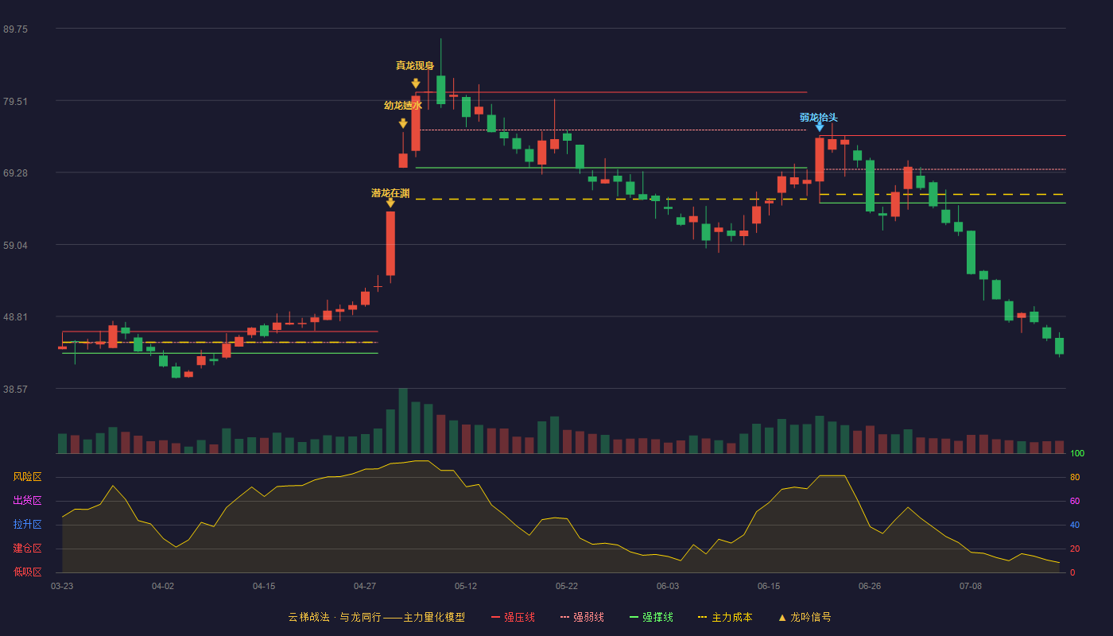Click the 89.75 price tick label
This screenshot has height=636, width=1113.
[15, 29]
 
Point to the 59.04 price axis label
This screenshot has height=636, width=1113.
[15, 246]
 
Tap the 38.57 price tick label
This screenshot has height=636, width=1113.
[15, 390]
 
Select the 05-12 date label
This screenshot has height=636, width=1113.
[466, 587]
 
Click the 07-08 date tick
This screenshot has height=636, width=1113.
[971, 587]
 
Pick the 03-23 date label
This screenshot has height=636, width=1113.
[62, 587]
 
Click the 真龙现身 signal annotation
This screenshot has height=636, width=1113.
[415, 65]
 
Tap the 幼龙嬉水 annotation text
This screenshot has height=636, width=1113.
[403, 105]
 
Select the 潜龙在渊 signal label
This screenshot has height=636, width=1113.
[390, 193]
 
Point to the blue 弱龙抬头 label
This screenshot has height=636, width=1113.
[819, 118]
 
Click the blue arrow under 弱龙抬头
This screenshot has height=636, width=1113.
[820, 127]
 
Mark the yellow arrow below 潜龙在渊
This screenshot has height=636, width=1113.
[390, 203]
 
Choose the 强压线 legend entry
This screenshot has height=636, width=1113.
[514, 617]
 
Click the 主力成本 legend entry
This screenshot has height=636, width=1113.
[725, 617]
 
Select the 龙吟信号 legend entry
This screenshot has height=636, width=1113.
[805, 617]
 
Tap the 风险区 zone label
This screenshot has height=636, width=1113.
[27, 477]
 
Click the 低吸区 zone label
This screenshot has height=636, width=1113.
[27, 572]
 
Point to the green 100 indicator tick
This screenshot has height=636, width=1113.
[1077, 453]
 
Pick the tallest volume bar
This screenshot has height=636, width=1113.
[403, 421]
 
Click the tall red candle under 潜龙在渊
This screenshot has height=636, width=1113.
[390, 243]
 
